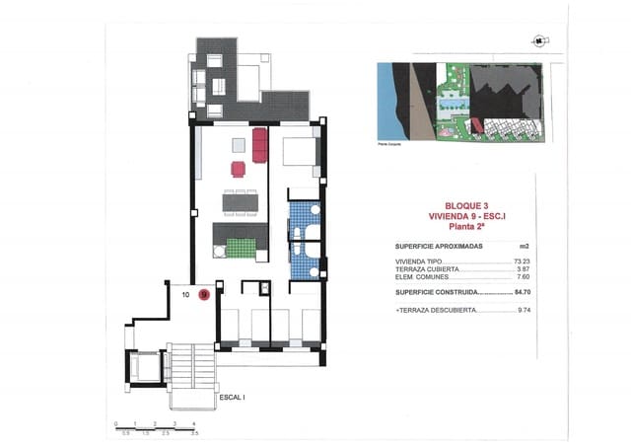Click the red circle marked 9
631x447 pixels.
[x=204, y=293]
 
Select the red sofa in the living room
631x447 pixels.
[x=259, y=145]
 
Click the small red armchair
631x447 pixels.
[x=238, y=168]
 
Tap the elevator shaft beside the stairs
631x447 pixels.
[x=139, y=368]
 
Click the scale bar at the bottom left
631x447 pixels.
[x=156, y=427]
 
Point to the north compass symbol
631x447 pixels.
[x=537, y=41]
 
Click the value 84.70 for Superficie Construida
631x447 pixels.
[x=524, y=292]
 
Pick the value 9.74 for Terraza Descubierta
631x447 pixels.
[x=524, y=310]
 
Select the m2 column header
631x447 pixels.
[x=524, y=247]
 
